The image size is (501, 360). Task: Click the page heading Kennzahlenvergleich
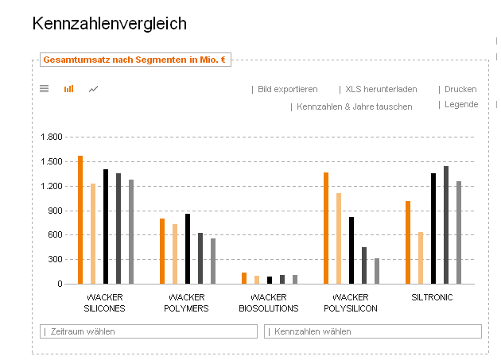[110, 24]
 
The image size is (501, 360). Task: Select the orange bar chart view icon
[68, 89]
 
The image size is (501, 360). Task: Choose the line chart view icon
[94, 89]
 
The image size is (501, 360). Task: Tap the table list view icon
[45, 89]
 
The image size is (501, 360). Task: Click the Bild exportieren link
[287, 90]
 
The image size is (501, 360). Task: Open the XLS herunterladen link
[380, 90]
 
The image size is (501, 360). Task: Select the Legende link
[460, 105]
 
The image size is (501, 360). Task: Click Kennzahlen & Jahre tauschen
[354, 106]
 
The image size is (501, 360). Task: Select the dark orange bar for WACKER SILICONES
[80, 219]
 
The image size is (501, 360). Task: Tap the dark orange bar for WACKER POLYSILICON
[326, 227]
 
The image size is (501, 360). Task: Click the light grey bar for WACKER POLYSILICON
[377, 270]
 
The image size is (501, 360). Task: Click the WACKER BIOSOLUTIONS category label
[269, 303]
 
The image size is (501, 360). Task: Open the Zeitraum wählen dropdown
[149, 331]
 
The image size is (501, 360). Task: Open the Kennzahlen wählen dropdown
[372, 331]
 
